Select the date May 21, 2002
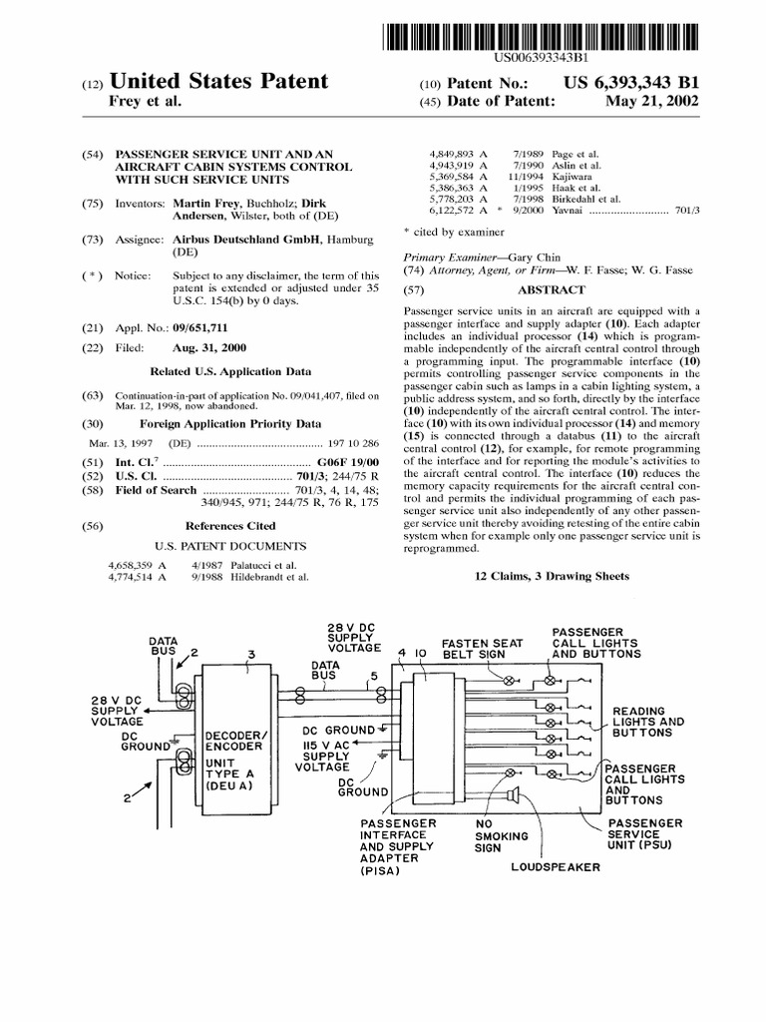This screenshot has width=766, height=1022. [659, 101]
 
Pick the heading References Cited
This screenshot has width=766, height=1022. [230, 525]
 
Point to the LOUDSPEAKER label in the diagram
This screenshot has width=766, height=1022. [556, 867]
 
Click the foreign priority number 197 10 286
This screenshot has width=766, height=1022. [353, 442]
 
